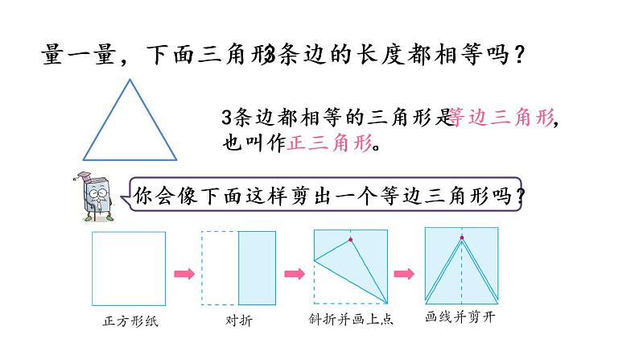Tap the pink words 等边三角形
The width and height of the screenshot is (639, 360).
[x=501, y=118]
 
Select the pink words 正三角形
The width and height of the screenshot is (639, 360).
[x=330, y=145]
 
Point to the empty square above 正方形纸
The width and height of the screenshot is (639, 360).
[x=129, y=269]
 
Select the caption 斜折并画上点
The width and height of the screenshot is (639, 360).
[x=351, y=320]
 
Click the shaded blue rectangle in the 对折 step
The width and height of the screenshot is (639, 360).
[x=258, y=269]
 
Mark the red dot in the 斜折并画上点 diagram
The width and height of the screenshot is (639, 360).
[x=350, y=239]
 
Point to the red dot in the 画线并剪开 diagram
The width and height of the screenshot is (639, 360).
[x=461, y=237]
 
